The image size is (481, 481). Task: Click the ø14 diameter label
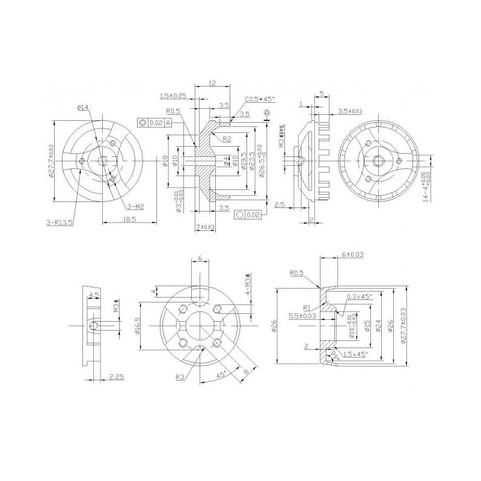(83, 108)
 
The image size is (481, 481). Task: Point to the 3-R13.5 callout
(59, 222)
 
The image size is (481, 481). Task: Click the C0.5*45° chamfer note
(260, 99)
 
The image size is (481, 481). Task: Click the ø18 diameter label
(165, 161)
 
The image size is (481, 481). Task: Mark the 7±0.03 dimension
(205, 227)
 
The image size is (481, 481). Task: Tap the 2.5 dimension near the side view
(280, 205)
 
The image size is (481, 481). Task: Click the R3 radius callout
(180, 377)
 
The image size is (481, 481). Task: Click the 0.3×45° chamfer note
(359, 296)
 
